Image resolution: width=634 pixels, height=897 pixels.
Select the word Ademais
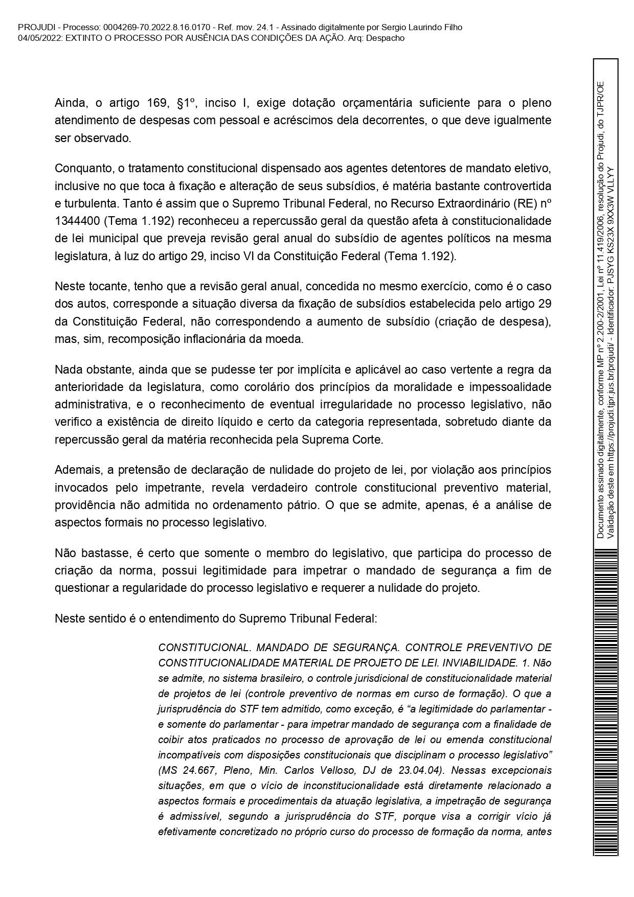point(74,470)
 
